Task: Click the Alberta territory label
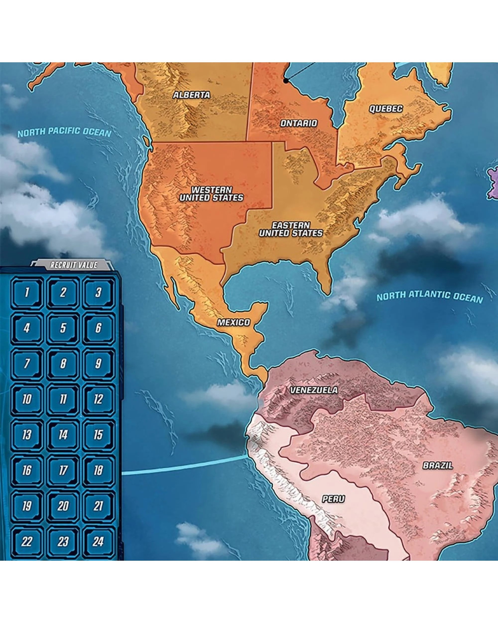pyautogui.click(x=191, y=95)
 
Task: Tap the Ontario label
pyautogui.click(x=299, y=123)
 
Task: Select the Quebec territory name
pyautogui.click(x=386, y=109)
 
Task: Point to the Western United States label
pyautogui.click(x=211, y=194)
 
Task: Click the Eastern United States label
pyautogui.click(x=291, y=229)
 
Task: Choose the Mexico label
pyautogui.click(x=234, y=322)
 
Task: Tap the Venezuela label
pyautogui.click(x=314, y=390)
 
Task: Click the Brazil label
pyautogui.click(x=438, y=466)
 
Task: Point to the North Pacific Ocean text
pyautogui.click(x=64, y=132)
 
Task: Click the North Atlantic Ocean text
pyautogui.click(x=430, y=297)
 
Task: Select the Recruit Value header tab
pyautogui.click(x=74, y=265)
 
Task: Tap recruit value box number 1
pyautogui.click(x=27, y=292)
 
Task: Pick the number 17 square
pyautogui.click(x=63, y=470)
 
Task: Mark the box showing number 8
pyautogui.click(x=63, y=364)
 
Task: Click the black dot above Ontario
pyautogui.click(x=286, y=81)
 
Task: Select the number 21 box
pyautogui.click(x=98, y=506)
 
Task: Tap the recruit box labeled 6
pyautogui.click(x=98, y=328)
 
